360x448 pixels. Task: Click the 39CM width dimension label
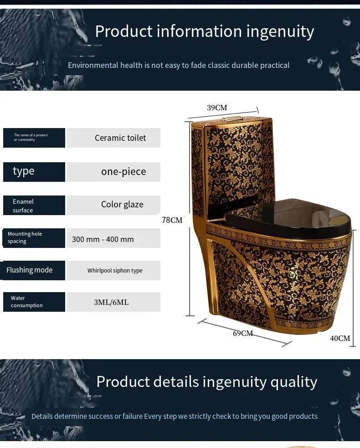tap(217, 108)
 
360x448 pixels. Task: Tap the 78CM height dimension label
tap(172, 220)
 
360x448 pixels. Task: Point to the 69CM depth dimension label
tap(243, 333)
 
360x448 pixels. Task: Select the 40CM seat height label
tap(340, 338)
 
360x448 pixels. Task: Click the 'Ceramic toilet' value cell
tap(114, 138)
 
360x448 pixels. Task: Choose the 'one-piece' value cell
tap(114, 172)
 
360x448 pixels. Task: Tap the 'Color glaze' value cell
tap(114, 205)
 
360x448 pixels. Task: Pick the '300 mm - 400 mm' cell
tap(114, 239)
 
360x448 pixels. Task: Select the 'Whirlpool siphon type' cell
tap(114, 270)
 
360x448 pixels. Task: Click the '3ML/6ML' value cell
tap(114, 302)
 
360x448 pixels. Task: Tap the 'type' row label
tap(34, 172)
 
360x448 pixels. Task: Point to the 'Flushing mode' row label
tap(34, 270)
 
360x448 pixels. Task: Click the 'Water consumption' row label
tap(34, 302)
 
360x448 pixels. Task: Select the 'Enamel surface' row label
tap(34, 206)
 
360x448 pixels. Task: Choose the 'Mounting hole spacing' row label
tap(34, 237)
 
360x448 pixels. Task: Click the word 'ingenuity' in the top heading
tap(280, 31)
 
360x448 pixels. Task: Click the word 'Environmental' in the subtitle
tap(93, 65)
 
